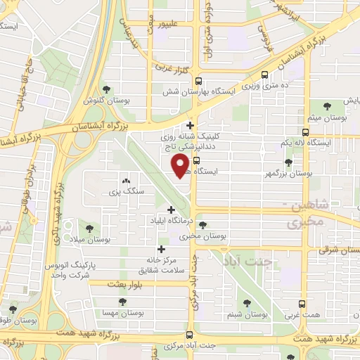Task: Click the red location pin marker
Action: [x=181, y=166]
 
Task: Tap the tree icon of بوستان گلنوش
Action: [x=106, y=89]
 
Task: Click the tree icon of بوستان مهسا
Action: [x=123, y=302]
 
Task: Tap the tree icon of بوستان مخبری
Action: [x=203, y=226]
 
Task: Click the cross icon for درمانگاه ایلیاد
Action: [x=172, y=210]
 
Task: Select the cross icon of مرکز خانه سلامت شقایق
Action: [x=162, y=249]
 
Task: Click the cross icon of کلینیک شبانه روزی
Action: [x=191, y=127]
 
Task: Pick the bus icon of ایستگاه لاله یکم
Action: [x=306, y=132]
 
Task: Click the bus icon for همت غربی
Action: [x=302, y=304]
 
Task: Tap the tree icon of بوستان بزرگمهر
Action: [x=288, y=162]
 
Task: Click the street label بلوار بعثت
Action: [x=127, y=283]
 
